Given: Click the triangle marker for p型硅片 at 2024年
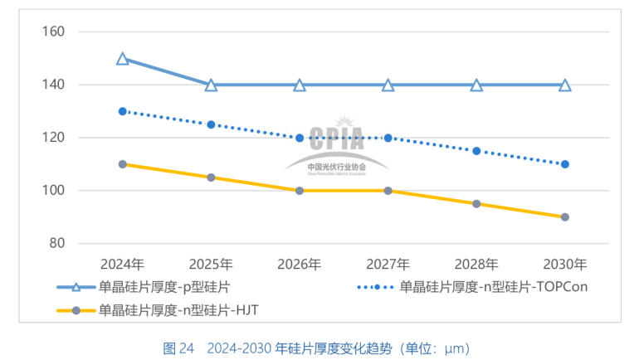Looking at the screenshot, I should (x=123, y=59).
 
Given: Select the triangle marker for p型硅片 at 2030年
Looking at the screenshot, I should (x=565, y=85).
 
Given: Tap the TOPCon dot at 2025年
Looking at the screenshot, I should (x=211, y=124).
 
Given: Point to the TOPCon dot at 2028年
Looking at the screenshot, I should (x=476, y=151).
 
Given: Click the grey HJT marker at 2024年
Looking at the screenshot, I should (x=123, y=164).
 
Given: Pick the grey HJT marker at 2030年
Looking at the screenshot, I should (x=565, y=217).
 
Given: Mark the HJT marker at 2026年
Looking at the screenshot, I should (x=300, y=191).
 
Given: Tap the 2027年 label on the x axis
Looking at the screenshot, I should (x=388, y=265).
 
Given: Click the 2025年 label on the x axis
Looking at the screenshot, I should (x=211, y=265).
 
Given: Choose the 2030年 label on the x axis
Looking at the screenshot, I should (x=565, y=265).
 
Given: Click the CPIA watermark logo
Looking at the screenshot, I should (x=337, y=146).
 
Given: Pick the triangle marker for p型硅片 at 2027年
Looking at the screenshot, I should (x=388, y=85).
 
